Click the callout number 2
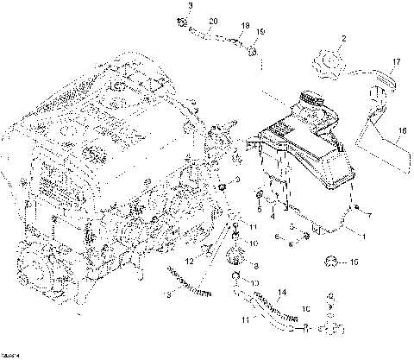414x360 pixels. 342,39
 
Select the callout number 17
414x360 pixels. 397,61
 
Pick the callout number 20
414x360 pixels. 213,21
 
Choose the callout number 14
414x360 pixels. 280,293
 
